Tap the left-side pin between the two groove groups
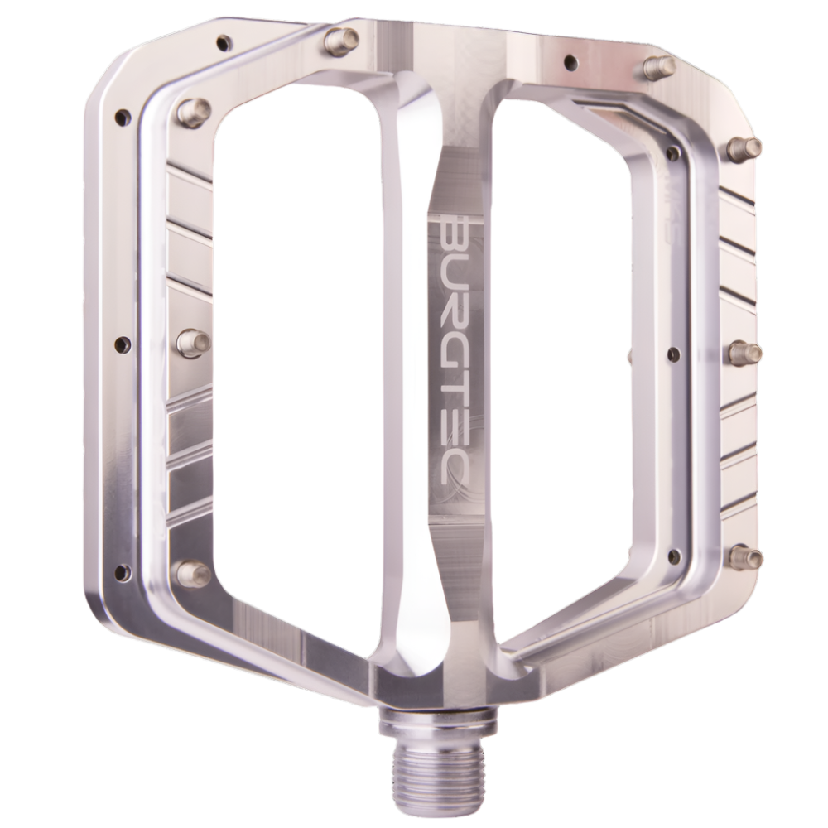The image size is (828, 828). [192, 342]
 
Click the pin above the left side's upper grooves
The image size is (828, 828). [193, 111]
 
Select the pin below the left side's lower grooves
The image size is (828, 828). [193, 572]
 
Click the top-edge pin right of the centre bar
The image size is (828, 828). [659, 66]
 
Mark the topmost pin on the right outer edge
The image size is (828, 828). [744, 148]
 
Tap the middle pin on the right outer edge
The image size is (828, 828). [744, 353]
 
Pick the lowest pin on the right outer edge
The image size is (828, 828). [745, 557]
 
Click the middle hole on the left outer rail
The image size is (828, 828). [123, 344]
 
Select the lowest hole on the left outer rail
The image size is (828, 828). [123, 572]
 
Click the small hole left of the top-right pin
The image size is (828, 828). [570, 61]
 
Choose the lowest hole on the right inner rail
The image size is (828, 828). [675, 556]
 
